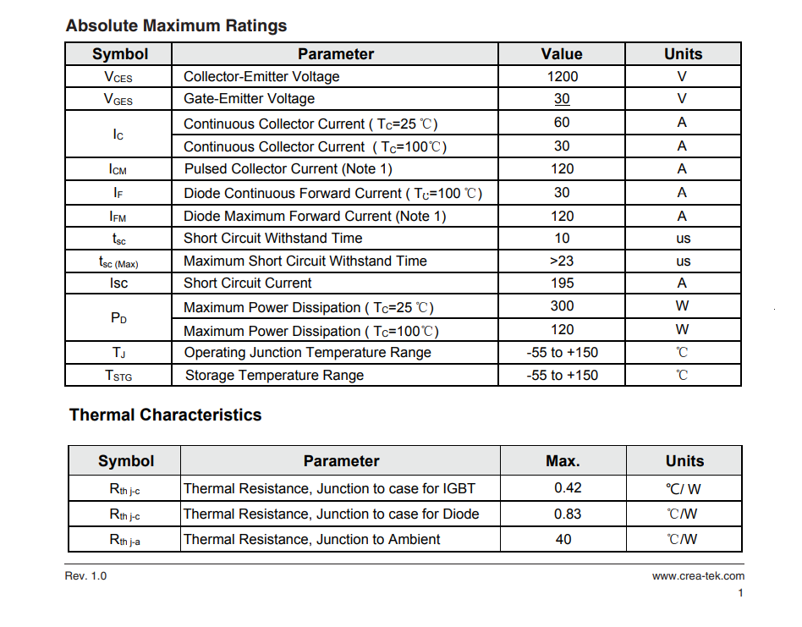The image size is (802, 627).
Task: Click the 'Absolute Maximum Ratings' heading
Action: pos(176,25)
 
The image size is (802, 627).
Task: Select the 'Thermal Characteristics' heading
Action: pos(165,415)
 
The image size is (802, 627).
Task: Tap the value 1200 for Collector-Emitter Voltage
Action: pos(562,76)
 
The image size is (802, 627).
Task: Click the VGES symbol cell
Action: pos(118,99)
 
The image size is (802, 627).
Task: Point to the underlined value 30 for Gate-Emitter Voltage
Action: pos(562,99)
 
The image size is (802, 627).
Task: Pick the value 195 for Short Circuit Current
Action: pos(562,283)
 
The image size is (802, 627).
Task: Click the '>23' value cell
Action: pos(562,261)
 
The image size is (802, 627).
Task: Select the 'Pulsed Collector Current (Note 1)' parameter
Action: pos(288,168)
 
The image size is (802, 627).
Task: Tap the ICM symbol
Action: pos(118,169)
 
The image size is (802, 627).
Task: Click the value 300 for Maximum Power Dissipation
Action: pos(562,306)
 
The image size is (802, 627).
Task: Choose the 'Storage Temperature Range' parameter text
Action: pos(274,375)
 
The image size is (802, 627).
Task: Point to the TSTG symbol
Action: pos(118,376)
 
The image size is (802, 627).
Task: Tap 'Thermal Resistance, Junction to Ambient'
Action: pos(311,539)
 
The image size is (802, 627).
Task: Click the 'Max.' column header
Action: pos(563,461)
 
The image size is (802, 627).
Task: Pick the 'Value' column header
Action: pos(562,54)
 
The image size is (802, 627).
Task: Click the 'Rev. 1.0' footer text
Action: pos(85,576)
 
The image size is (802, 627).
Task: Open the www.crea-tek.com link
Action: pos(698,576)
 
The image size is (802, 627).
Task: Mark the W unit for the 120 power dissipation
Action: pos(682,329)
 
